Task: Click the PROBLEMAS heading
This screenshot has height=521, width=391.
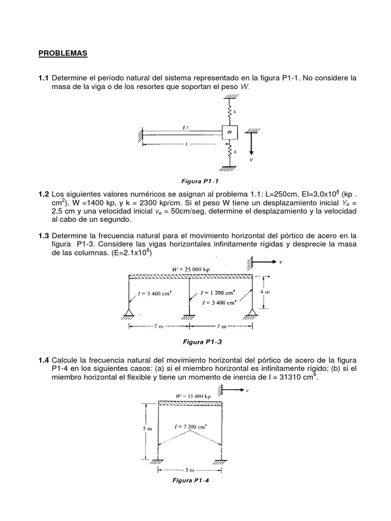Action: tap(63, 53)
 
